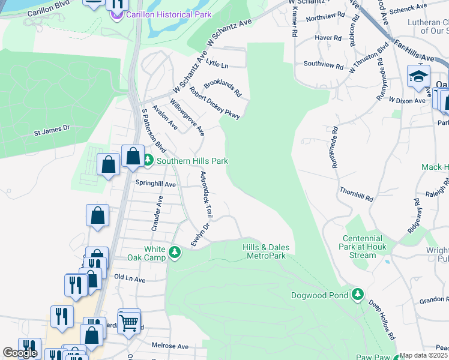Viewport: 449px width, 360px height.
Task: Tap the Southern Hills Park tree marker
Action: click(148, 160)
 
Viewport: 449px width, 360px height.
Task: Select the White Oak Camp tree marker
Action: click(175, 252)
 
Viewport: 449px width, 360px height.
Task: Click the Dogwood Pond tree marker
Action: click(358, 294)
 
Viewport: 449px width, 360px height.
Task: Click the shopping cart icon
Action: click(129, 322)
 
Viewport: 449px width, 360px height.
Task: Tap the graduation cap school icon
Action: click(418, 77)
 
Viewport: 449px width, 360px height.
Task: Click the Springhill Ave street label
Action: click(155, 184)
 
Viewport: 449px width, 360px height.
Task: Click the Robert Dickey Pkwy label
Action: click(215, 103)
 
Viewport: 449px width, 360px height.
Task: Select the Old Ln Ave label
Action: click(130, 279)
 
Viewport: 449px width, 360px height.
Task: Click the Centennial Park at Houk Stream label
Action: click(363, 247)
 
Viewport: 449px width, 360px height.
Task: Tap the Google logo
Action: click(20, 353)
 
